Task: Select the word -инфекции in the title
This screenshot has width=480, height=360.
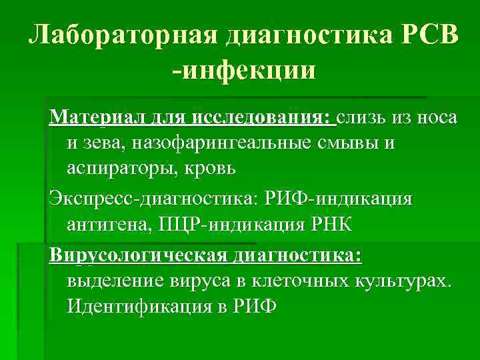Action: click(243, 68)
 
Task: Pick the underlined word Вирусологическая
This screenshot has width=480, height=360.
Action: click(136, 257)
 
